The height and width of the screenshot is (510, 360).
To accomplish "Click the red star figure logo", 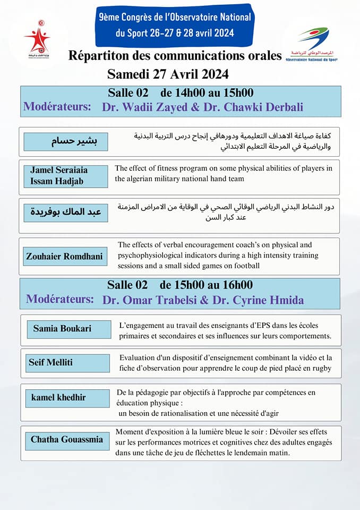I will [x=37, y=38].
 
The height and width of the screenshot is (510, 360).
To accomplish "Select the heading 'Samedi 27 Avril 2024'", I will [x=168, y=73].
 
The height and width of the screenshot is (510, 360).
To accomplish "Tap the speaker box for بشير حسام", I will [x=66, y=141].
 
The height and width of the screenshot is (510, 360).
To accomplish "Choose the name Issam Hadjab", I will [x=54, y=181].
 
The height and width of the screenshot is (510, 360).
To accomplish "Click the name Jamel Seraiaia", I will [x=59, y=170].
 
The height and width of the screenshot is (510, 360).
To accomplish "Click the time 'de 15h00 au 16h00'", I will [x=206, y=285].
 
